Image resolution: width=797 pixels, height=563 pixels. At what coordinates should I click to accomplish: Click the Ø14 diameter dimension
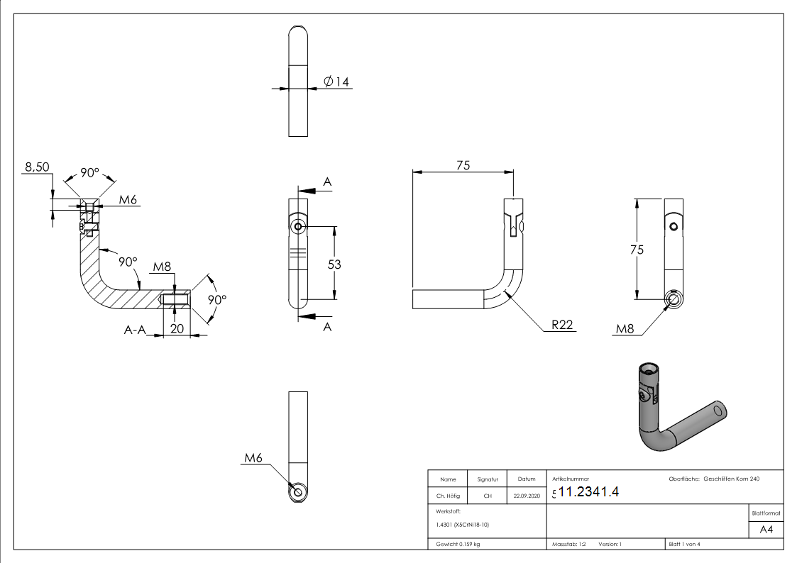336,82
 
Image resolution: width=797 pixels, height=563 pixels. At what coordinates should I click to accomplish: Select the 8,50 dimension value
38,167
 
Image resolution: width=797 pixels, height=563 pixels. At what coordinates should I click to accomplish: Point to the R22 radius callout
562,325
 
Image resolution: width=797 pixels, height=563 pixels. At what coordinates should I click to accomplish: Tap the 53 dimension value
334,264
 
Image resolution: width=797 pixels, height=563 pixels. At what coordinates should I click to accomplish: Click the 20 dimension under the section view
177,328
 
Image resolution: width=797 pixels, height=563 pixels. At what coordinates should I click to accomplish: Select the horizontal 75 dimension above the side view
463,165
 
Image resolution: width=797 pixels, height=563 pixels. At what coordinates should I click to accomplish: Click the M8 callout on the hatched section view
163,267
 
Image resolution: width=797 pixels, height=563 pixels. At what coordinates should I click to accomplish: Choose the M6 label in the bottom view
253,459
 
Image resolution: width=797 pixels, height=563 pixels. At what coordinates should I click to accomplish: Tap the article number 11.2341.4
588,493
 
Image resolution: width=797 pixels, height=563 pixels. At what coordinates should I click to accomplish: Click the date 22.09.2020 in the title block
527,496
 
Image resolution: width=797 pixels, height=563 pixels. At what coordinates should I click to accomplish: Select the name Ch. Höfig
448,496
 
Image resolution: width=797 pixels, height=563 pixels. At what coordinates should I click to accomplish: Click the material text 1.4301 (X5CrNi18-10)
463,525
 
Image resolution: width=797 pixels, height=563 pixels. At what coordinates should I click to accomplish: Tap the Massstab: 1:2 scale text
568,544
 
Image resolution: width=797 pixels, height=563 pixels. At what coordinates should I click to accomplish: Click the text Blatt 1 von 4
684,544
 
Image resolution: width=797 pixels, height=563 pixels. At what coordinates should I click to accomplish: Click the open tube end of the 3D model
719,411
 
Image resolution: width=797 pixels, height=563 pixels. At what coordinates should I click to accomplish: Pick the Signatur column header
488,479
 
